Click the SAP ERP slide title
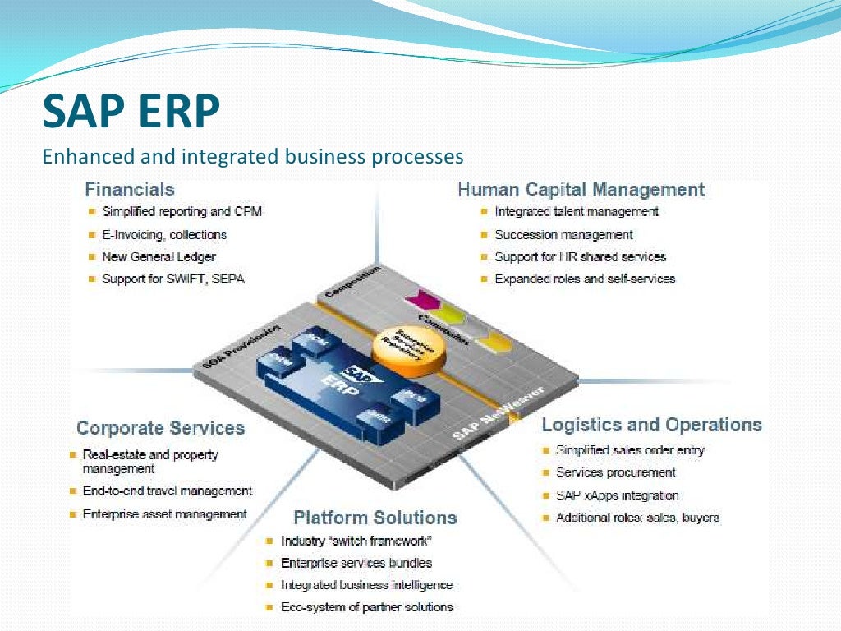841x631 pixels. coord(131,112)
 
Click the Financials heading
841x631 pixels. coord(130,190)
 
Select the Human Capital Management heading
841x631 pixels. coord(581,190)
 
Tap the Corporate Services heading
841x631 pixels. coord(160,428)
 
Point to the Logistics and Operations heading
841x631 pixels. coord(651,425)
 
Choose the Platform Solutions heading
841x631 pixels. coord(375,518)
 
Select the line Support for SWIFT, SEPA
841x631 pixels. coord(172,279)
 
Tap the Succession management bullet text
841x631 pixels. coord(563,234)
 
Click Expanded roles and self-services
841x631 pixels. coord(584,279)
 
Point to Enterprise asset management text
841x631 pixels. coord(164,514)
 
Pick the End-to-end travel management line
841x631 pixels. coord(168,491)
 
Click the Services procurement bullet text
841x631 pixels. coord(615,472)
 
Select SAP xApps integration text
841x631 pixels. coord(617,495)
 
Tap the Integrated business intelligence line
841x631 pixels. coord(366,585)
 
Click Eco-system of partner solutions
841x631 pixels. coord(366,607)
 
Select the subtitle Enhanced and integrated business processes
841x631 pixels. coord(253,156)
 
